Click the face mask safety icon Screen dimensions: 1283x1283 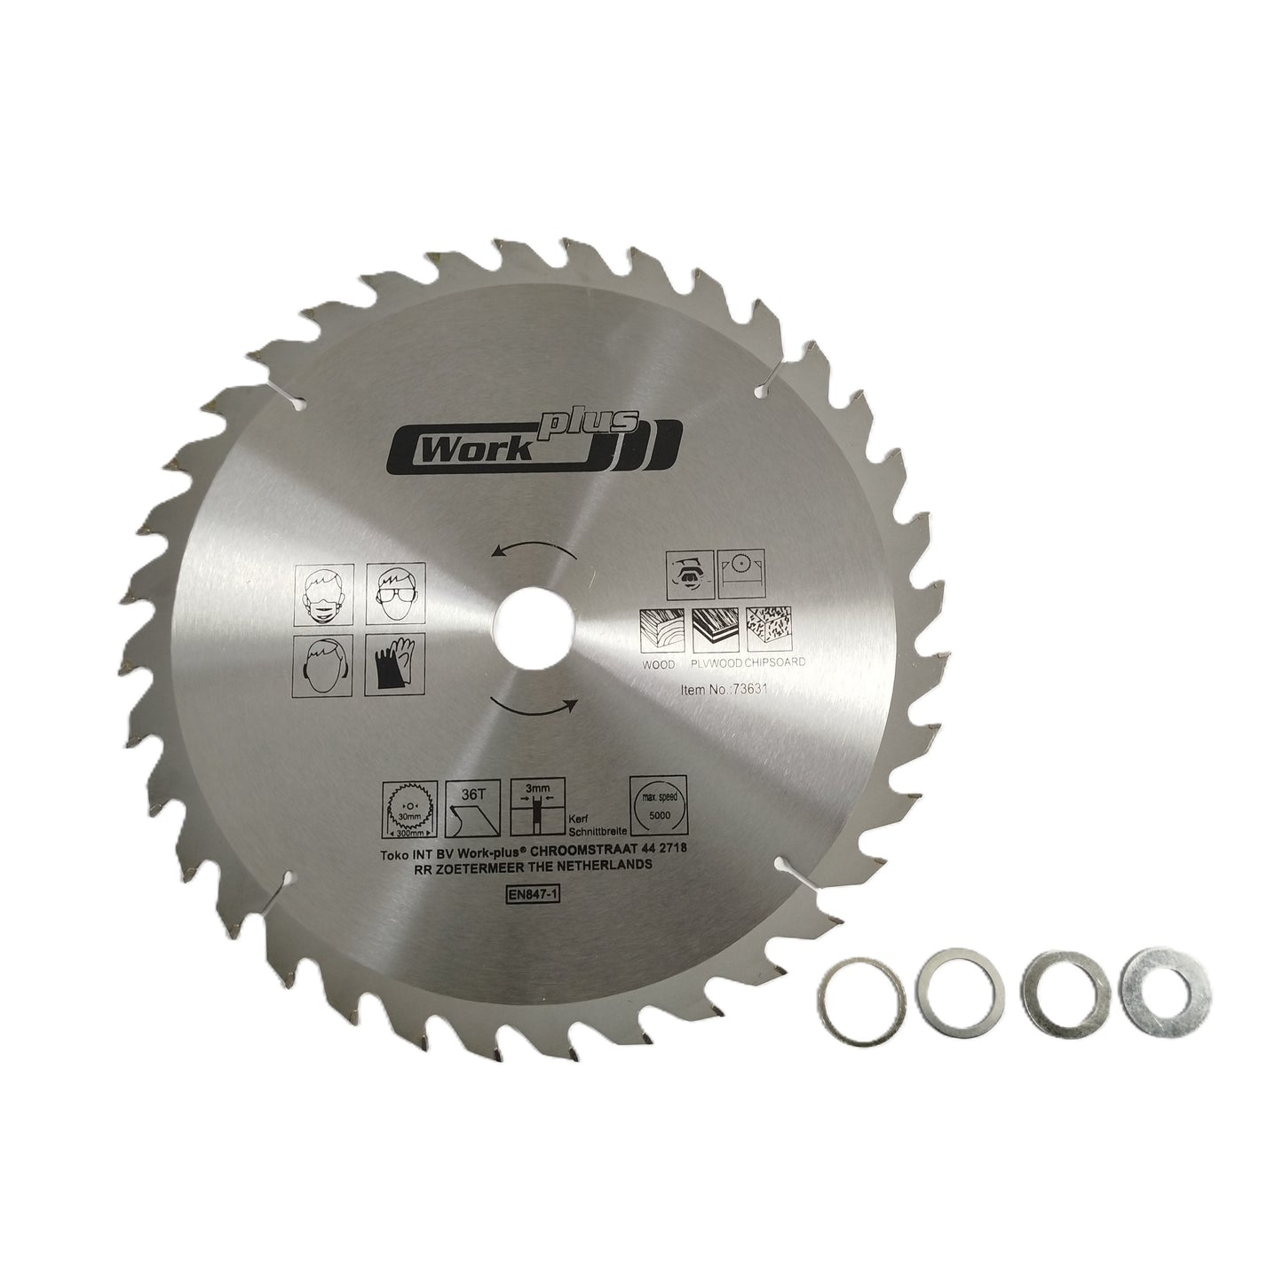[323, 591]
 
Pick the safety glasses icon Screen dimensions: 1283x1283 [394, 591]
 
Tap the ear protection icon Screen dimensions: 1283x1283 [323, 663]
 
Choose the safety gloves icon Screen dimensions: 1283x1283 [394, 663]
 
